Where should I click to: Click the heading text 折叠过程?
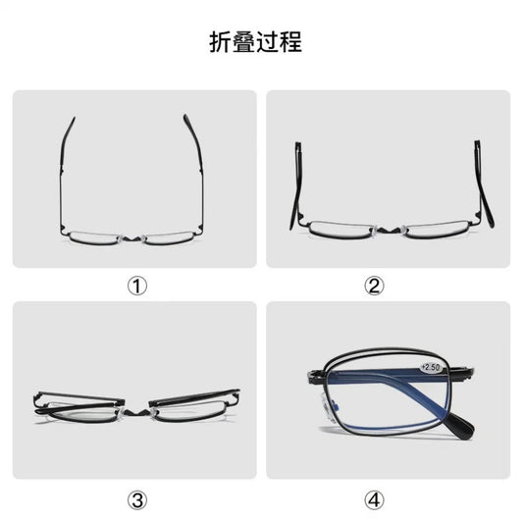pos(255,42)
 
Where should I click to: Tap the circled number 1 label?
pos(137,286)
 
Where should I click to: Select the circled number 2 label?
pos(373,286)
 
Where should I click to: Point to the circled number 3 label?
pos(137,499)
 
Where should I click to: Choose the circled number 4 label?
pos(373,499)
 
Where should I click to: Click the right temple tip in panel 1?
pos(186,120)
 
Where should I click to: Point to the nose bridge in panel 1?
pos(134,236)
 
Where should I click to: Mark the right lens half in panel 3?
pos(191,405)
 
